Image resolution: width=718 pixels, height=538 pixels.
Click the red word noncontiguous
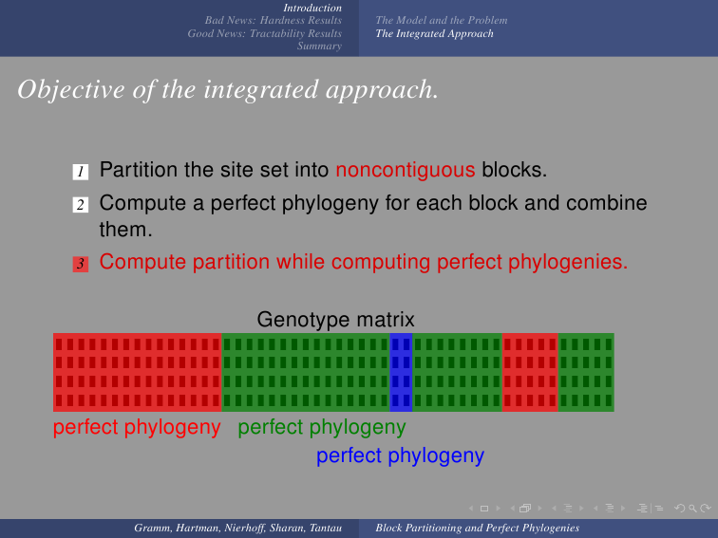coord(406,170)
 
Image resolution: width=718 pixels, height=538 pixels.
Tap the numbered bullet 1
coord(80,172)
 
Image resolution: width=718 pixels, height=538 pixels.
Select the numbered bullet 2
coord(80,205)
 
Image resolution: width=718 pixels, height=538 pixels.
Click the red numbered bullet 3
coord(80,264)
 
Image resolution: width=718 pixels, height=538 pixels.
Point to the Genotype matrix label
coord(335,320)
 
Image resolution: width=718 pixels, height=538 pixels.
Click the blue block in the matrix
coord(401,372)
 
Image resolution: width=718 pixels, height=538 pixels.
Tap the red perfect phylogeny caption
coord(137,428)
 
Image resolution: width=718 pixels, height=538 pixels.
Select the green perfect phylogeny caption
coord(321,428)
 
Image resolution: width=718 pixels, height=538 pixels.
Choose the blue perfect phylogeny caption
coord(400,456)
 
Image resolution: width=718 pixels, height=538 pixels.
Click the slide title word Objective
coord(71,89)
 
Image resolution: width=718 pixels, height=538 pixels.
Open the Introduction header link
coord(312,8)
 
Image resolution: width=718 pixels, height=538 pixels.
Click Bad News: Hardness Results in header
coord(273,20)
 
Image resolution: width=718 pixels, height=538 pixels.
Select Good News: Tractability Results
coord(264,33)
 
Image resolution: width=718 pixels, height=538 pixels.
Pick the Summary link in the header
coord(319,46)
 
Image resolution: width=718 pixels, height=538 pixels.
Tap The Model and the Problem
coord(442,20)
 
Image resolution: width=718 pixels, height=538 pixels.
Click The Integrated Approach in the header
coord(435,33)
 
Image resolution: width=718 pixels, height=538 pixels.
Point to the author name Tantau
coord(326,528)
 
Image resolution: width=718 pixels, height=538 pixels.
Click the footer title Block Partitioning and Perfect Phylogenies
coord(477,528)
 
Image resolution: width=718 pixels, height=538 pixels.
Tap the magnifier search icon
coord(692,509)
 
